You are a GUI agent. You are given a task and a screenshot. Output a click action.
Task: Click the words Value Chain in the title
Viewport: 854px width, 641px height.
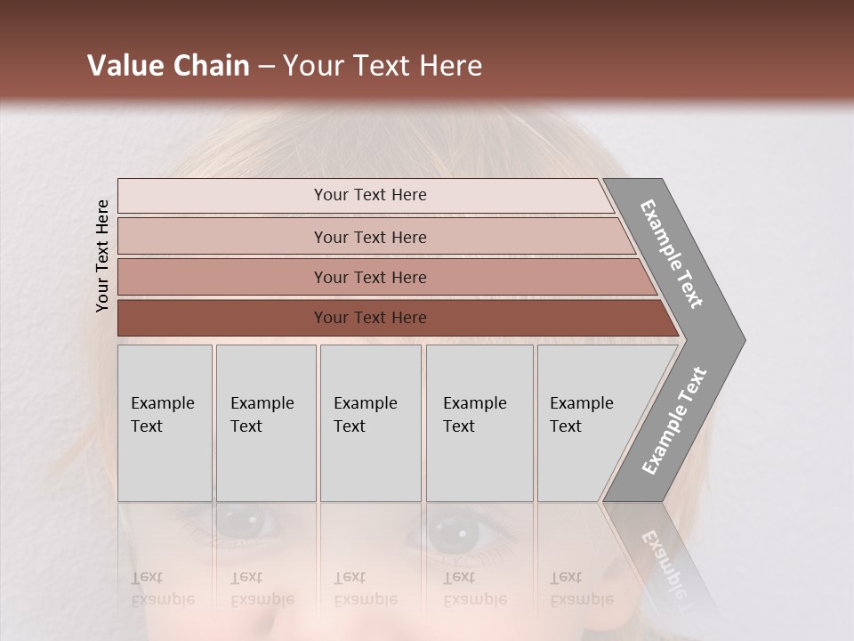(168, 66)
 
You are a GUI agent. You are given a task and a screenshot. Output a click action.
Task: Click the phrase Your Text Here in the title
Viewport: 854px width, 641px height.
(383, 66)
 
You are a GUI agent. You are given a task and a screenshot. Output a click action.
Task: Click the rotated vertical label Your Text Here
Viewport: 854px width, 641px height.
(102, 256)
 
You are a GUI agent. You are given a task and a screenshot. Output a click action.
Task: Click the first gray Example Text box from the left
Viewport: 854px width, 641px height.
(165, 423)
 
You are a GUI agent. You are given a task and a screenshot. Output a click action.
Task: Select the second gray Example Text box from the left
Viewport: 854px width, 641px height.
(266, 423)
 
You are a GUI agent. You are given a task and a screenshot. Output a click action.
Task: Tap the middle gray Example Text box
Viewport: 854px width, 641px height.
(370, 423)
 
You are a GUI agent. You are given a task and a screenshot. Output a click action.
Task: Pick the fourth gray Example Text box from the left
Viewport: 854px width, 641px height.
(479, 423)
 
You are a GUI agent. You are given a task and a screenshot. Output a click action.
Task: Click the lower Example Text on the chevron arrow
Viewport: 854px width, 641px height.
(674, 421)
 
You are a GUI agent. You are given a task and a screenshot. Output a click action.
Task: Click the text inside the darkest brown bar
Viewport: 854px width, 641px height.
(370, 318)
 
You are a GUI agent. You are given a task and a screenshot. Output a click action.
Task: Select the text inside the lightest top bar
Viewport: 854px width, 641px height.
(370, 195)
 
